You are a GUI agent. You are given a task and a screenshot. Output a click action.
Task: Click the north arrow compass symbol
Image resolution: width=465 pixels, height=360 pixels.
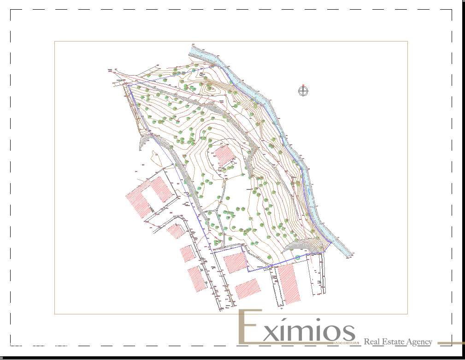(x=303, y=91)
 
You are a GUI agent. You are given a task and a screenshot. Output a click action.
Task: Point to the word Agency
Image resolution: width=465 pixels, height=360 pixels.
(x=420, y=342)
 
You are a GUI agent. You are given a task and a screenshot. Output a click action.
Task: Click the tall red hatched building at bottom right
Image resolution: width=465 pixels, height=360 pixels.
(x=289, y=283)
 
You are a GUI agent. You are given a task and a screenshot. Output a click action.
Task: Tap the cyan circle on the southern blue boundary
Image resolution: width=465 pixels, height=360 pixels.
(x=298, y=257)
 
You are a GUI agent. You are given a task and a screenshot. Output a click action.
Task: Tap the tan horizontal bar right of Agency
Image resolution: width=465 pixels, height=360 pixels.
(x=450, y=342)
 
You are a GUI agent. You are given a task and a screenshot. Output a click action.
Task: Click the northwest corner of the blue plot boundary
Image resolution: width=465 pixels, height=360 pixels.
(x=128, y=86)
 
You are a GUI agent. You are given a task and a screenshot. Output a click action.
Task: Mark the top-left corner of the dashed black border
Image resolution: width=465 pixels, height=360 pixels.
(x=11, y=10)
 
